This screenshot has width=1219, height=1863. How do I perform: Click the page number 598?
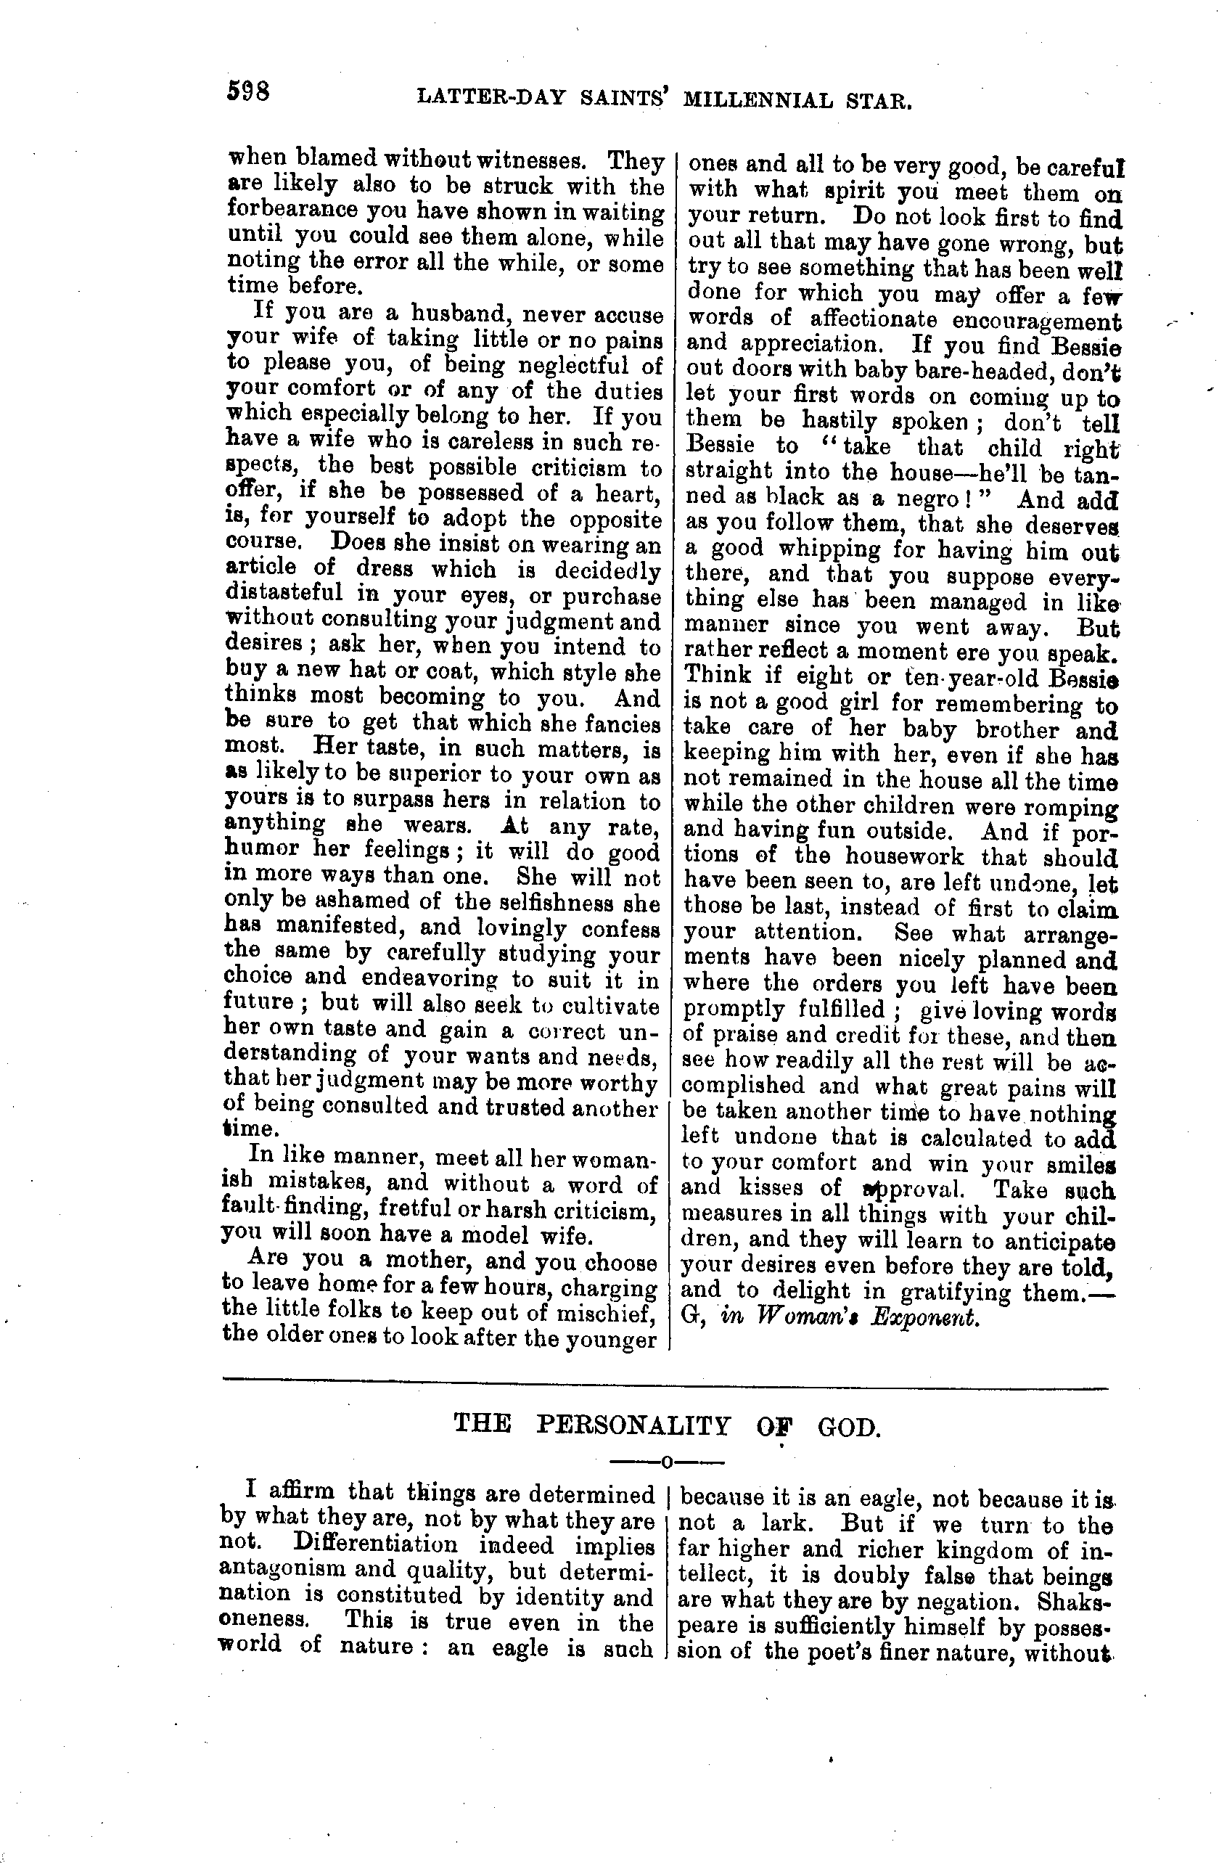coord(248,92)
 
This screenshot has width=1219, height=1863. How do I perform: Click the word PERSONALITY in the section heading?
coord(633,1425)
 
